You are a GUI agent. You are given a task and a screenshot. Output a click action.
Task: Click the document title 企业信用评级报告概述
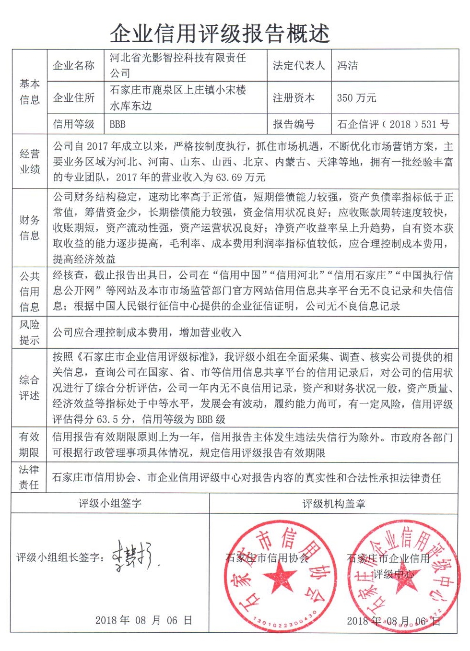tap(220, 34)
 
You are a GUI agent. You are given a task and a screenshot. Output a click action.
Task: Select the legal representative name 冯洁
tap(347, 66)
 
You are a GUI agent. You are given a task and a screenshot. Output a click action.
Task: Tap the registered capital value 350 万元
tap(356, 98)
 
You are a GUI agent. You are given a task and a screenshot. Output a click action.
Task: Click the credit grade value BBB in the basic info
tap(117, 124)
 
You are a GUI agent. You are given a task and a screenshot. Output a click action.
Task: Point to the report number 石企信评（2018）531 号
tap(393, 124)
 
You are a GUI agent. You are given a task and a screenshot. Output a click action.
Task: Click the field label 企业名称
tap(74, 66)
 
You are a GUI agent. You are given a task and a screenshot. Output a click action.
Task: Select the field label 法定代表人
tap(298, 66)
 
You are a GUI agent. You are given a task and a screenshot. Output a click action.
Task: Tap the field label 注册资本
tap(294, 98)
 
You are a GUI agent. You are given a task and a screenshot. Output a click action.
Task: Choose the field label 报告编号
tap(294, 124)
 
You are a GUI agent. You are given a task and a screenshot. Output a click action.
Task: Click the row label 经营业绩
tap(30, 162)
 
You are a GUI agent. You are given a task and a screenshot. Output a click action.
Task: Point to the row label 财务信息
tap(30, 228)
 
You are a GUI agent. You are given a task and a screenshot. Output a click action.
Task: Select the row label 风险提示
tap(30, 332)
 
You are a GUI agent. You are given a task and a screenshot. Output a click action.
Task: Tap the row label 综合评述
tap(30, 388)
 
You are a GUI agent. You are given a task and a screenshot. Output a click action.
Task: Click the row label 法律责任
tap(30, 477)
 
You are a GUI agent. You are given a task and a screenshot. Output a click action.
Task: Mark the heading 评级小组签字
tap(110, 503)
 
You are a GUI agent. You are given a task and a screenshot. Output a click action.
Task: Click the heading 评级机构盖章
tap(334, 504)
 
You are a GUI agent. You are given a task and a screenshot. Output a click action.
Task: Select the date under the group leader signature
tap(144, 620)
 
